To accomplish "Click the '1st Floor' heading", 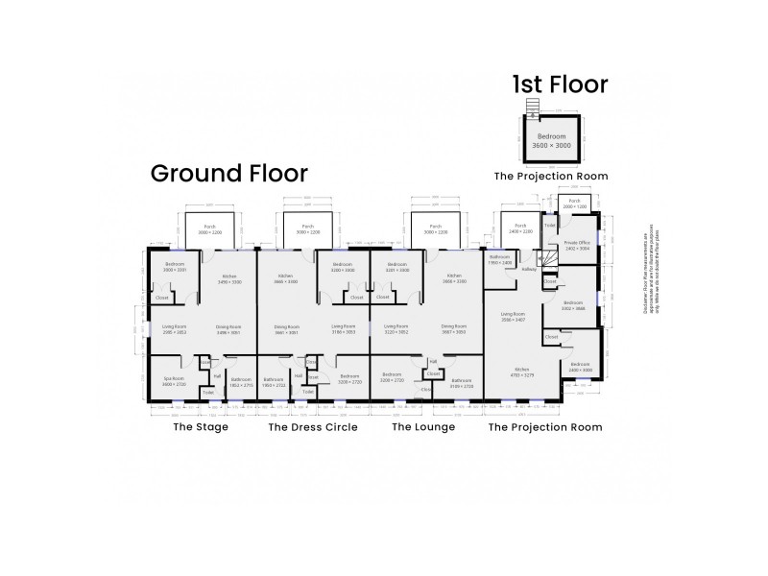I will click(560, 84).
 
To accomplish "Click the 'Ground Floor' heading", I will click(229, 174).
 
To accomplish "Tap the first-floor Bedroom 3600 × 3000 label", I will click(550, 141).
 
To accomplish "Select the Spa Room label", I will click(173, 381).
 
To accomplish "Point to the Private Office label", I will click(576, 244).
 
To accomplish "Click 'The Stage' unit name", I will click(200, 427).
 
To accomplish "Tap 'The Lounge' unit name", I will click(422, 427).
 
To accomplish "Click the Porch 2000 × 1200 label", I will click(574, 205).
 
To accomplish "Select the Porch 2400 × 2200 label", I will click(519, 229).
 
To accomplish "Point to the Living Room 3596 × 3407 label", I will click(513, 316).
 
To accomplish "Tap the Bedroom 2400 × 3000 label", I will click(580, 367).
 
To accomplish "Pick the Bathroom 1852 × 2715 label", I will click(242, 381).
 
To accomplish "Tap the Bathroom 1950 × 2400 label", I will click(500, 259).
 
